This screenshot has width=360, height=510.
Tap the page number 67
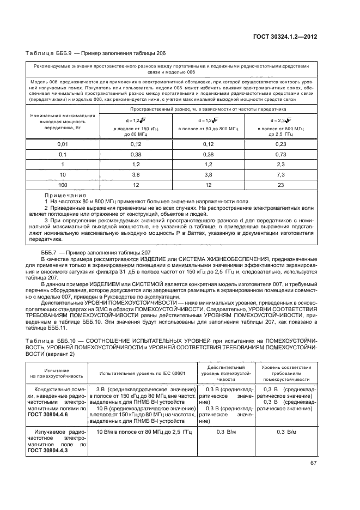313,464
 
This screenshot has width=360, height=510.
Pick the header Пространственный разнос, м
208,109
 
